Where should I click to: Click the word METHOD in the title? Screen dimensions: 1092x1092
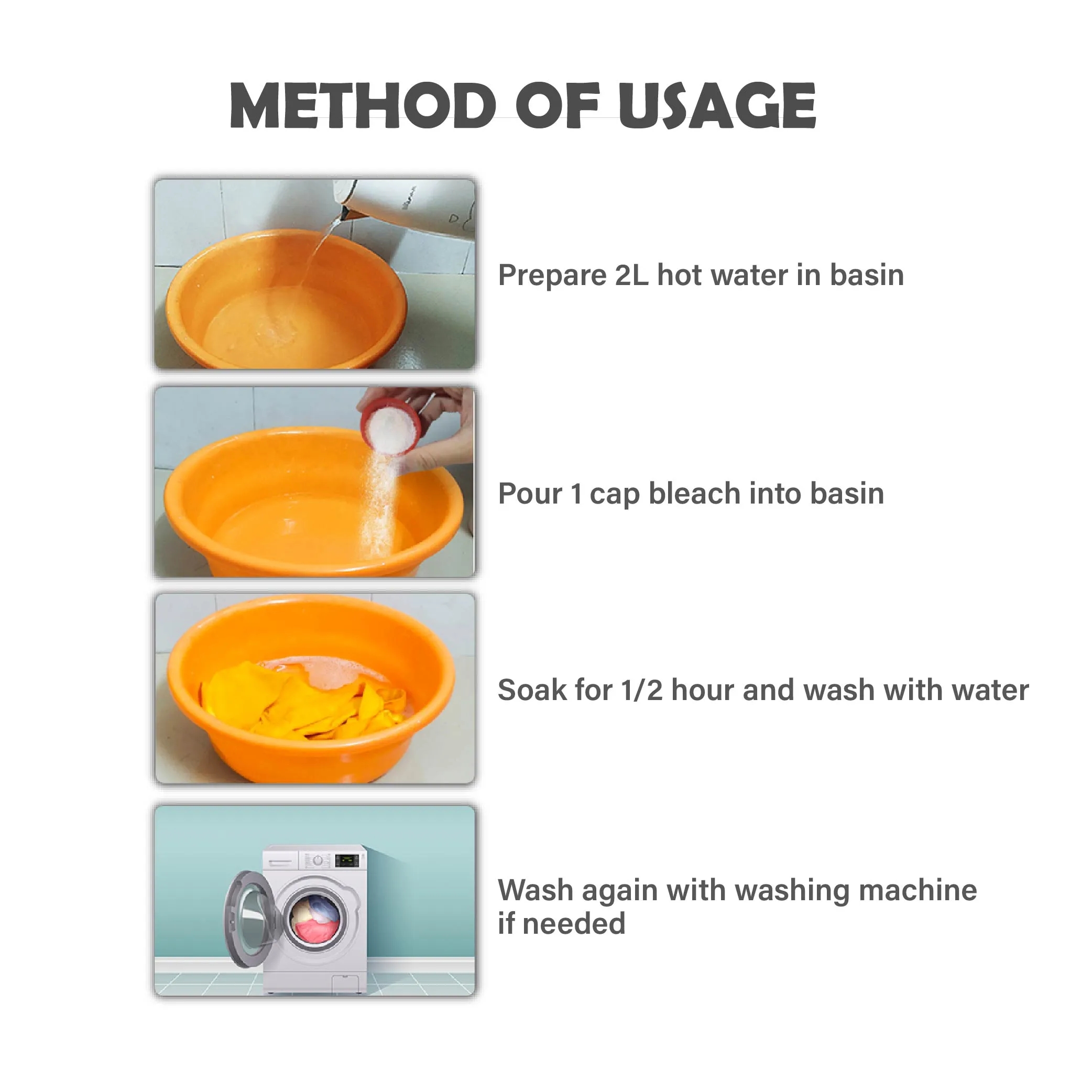point(362,106)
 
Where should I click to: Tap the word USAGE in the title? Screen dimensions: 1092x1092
point(717,106)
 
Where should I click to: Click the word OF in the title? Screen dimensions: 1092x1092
point(556,106)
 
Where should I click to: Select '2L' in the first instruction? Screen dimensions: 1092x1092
point(631,276)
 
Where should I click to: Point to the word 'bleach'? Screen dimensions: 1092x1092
point(694,494)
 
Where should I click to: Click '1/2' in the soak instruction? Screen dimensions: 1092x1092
point(641,691)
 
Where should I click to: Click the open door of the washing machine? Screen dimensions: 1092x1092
point(249,919)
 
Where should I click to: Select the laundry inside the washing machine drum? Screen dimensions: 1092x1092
point(315,919)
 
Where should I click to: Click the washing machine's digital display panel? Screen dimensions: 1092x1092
point(346,861)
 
